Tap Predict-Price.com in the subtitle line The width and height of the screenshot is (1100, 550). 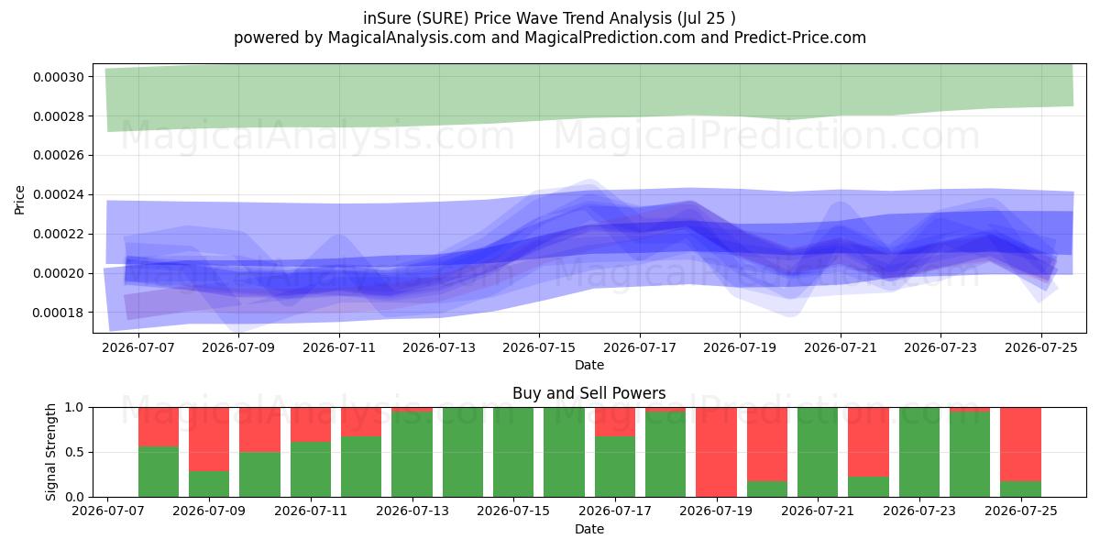pos(800,38)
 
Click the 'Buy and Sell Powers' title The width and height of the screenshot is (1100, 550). pos(588,393)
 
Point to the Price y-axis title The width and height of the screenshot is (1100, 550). pos(19,200)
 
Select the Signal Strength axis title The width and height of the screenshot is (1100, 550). pos(50,452)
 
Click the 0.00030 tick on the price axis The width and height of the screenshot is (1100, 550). pos(59,77)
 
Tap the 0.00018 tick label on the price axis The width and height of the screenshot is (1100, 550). pos(59,313)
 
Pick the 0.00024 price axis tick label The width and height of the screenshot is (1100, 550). pos(59,195)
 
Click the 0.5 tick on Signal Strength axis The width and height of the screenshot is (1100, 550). pos(74,452)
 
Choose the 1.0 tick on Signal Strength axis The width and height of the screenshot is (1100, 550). pos(74,408)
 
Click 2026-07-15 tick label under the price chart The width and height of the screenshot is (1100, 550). pos(539,347)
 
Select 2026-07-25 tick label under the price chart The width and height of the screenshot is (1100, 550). pos(1041,347)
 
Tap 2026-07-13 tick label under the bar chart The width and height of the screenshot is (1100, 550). pos(412,511)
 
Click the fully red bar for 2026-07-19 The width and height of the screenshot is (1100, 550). pos(716,452)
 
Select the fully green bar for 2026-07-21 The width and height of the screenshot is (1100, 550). pos(818,452)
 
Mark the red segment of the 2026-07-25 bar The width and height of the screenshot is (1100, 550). pos(1020,445)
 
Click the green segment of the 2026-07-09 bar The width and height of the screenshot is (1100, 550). pos(209,484)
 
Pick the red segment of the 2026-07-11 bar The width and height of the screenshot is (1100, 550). pos(311,424)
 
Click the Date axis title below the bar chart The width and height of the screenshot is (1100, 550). pos(588,529)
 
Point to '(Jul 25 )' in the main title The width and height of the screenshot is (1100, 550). pos(706,18)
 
